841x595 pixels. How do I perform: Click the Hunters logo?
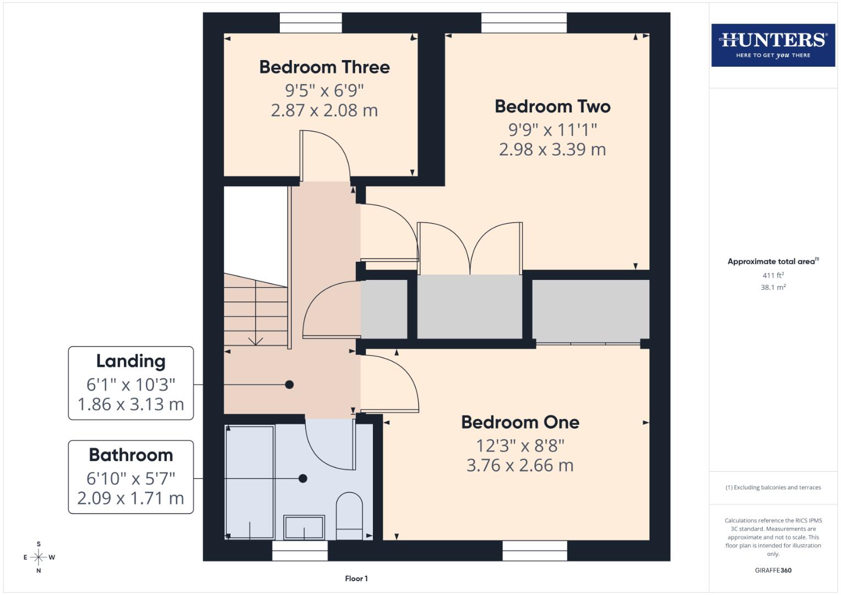coord(773,45)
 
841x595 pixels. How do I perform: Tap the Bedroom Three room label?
coord(324,67)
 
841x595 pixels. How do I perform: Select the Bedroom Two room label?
coord(552,106)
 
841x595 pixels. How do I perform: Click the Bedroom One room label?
coord(520,423)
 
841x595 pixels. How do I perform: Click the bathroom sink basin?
coord(304,527)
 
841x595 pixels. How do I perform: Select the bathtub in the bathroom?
coord(250,482)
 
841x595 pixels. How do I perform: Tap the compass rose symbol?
coord(39,558)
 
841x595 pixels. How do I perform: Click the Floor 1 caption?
coord(356,578)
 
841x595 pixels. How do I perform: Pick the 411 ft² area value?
coord(773,275)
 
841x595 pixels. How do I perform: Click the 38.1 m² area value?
coord(773,287)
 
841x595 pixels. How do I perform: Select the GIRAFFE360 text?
coord(773,570)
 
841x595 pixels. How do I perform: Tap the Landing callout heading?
coord(131,361)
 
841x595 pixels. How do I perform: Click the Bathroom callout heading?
coord(131,455)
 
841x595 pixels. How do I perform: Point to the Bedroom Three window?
coord(311,23)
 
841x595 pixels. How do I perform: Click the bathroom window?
coord(300,550)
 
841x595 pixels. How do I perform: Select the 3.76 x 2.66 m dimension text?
coord(520,466)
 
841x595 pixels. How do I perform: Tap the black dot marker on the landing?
coord(289,385)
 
